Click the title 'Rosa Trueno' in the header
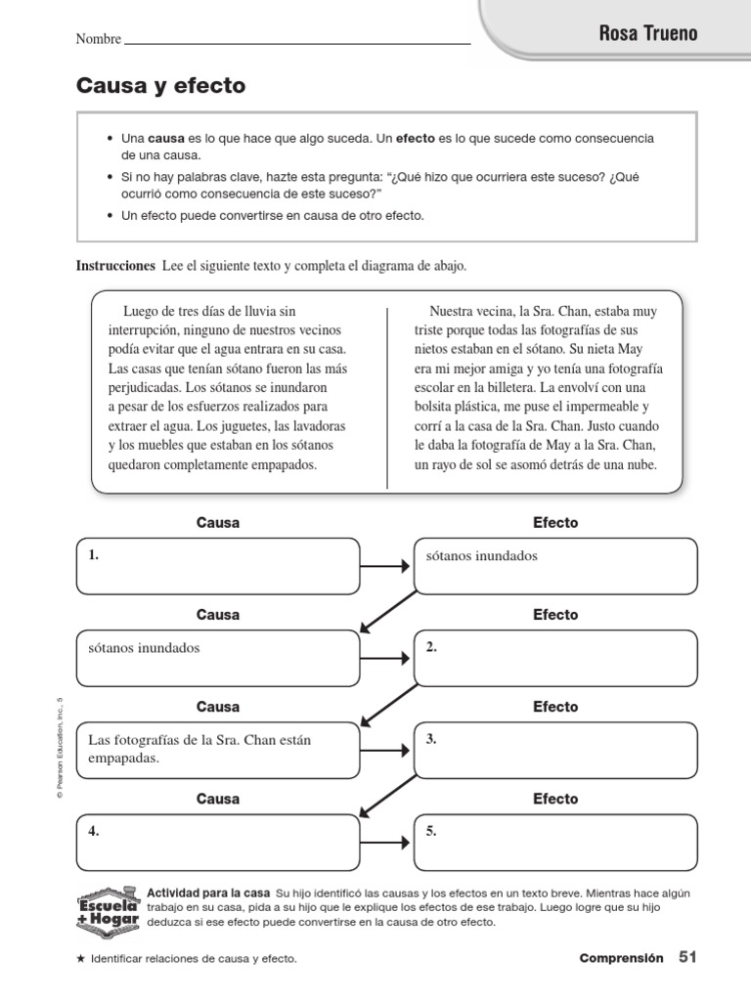(x=648, y=34)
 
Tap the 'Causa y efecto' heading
(x=161, y=87)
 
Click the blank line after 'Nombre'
(x=297, y=41)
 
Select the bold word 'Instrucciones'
(x=115, y=266)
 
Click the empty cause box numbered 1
(x=217, y=566)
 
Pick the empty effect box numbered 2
(x=555, y=658)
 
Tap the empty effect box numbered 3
(x=555, y=750)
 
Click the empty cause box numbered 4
(x=217, y=842)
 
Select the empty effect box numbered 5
(x=555, y=842)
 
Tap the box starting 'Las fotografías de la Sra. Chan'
(x=217, y=750)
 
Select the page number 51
(x=687, y=959)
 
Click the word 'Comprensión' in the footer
(x=621, y=959)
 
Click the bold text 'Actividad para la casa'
(x=207, y=893)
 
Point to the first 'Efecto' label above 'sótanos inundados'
(x=555, y=523)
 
